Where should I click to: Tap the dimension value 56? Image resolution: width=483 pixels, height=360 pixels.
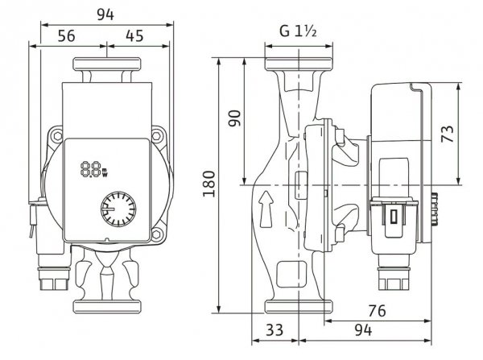coord(68,35)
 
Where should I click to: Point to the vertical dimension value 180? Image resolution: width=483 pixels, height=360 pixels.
coord(207,186)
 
